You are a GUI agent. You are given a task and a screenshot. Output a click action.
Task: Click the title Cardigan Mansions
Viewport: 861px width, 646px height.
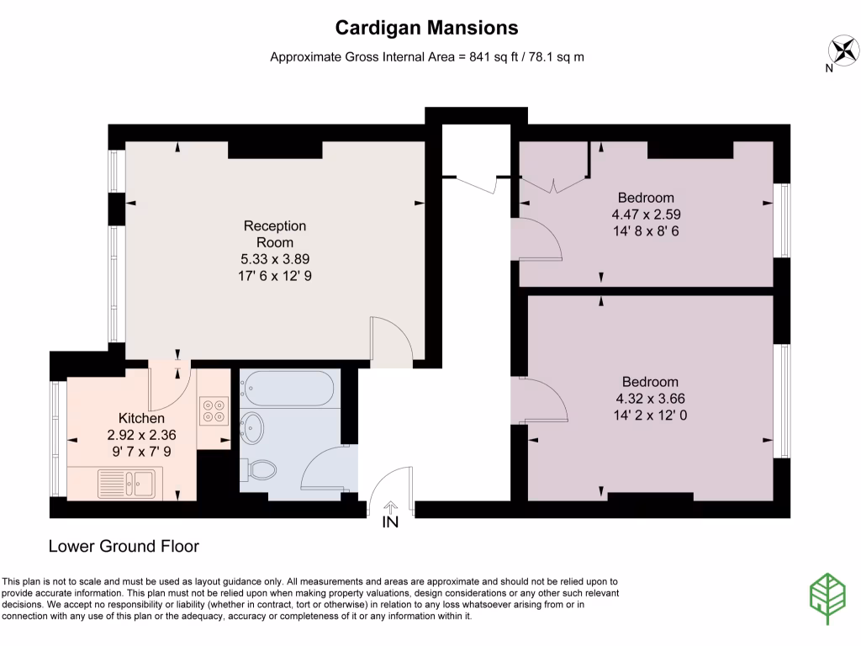pos(426,28)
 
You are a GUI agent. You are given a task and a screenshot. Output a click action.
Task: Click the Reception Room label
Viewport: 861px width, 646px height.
pos(275,234)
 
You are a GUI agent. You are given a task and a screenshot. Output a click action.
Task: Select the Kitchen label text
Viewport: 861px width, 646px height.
pos(141,418)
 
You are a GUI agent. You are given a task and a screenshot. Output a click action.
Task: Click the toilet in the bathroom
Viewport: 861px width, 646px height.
pos(259,469)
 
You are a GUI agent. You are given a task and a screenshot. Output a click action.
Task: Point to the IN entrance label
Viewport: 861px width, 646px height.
pos(391,522)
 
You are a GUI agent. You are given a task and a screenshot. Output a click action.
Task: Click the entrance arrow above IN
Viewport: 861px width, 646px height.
pos(391,506)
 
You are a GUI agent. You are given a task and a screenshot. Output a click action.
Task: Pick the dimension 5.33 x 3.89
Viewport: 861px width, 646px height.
pos(275,259)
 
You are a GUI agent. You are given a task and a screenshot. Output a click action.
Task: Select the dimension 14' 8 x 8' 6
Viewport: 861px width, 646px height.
pos(645,231)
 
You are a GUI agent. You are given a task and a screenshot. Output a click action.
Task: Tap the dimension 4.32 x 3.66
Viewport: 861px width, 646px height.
pos(651,398)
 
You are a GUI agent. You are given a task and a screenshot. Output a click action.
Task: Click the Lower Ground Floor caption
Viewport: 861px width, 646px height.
pos(124,547)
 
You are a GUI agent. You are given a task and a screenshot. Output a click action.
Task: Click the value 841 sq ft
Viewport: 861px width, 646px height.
pos(489,57)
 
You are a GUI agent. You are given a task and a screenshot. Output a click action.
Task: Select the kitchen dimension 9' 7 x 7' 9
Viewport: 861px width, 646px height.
pos(141,452)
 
